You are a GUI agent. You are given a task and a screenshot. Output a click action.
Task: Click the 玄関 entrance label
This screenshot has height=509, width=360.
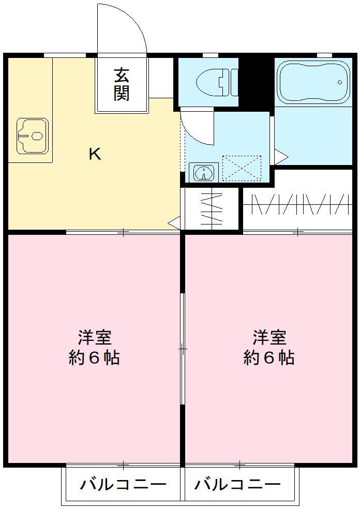point(122,84)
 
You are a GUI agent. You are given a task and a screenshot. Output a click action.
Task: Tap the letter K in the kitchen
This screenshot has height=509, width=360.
point(94,154)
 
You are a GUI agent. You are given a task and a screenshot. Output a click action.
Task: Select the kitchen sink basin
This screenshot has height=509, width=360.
point(32,136)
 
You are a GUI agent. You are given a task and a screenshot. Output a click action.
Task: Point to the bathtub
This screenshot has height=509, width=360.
point(311,82)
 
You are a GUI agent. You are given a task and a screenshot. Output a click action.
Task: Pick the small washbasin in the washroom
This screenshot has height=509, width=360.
point(204,172)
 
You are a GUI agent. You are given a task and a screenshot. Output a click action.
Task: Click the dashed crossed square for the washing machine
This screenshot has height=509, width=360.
point(242,168)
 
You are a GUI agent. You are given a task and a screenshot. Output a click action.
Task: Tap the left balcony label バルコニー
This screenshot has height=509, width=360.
point(123,485)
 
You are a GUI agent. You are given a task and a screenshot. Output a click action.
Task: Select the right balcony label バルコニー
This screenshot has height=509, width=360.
point(237,485)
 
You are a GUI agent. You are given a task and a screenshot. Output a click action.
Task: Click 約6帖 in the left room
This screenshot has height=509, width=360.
point(94,357)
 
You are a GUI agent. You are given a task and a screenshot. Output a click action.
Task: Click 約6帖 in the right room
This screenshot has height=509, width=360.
point(269,357)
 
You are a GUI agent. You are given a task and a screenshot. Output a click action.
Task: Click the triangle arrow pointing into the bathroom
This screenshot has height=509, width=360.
point(280,154)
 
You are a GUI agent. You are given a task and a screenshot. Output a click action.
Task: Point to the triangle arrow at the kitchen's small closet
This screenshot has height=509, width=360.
point(174,223)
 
